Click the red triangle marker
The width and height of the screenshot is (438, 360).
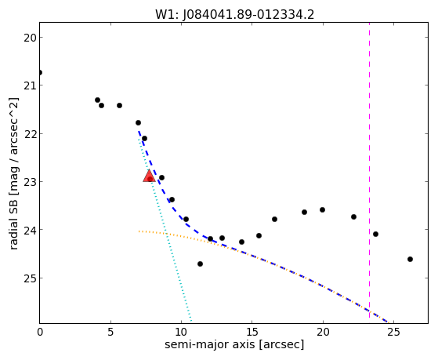coord(149,176)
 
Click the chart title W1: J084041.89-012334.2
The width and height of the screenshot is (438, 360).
coord(234,15)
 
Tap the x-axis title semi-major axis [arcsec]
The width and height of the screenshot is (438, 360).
coord(234,344)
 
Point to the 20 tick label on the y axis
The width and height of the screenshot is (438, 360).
coord(30,38)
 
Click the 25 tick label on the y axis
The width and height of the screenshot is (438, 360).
coord(30,278)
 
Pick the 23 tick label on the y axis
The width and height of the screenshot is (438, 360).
coord(30,182)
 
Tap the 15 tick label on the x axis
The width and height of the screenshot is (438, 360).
coord(252,333)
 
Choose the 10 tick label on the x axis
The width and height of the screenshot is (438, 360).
coord(181,333)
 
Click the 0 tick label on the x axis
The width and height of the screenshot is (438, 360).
coord(40,333)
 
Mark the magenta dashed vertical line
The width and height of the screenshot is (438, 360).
coord(369,170)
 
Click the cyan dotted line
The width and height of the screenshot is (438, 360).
coord(165,229)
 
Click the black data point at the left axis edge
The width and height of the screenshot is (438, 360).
coord(40,73)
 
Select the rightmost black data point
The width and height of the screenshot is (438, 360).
coord(410,260)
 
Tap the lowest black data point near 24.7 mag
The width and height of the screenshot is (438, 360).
coord(200,264)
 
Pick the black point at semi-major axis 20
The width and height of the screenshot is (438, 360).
coord(322,209)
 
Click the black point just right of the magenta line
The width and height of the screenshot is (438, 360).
coord(375,235)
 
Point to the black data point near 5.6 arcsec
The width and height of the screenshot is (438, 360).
coord(119,105)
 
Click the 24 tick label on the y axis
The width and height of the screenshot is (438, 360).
coord(30,230)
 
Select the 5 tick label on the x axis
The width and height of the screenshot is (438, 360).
coord(110,333)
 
